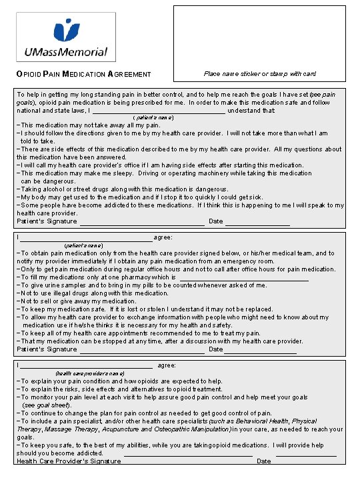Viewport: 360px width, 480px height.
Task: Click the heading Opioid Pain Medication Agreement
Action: click(83, 74)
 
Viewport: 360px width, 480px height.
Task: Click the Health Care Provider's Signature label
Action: click(69, 461)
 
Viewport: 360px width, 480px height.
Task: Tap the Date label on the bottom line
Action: click(264, 461)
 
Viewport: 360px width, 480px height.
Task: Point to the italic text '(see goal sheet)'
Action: click(47, 405)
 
